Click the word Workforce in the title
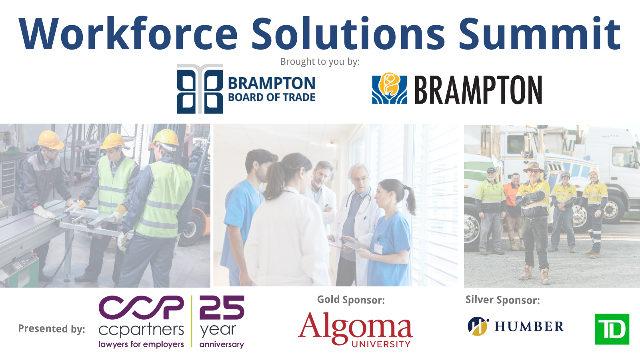click(x=128, y=34)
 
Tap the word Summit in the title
click(x=540, y=34)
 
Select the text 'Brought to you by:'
click(x=320, y=62)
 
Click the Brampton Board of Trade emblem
click(x=200, y=88)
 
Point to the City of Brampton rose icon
click(x=389, y=88)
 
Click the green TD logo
click(x=612, y=329)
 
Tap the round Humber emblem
click(x=478, y=326)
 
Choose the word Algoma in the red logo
click(x=355, y=327)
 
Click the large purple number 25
click(x=222, y=307)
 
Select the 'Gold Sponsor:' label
click(x=351, y=300)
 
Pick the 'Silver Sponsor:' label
click(x=502, y=300)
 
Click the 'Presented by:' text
click(x=52, y=329)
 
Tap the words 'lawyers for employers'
click(x=141, y=344)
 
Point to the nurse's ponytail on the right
click(x=409, y=200)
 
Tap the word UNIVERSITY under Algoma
click(x=381, y=344)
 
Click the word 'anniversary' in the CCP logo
click(x=222, y=344)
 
